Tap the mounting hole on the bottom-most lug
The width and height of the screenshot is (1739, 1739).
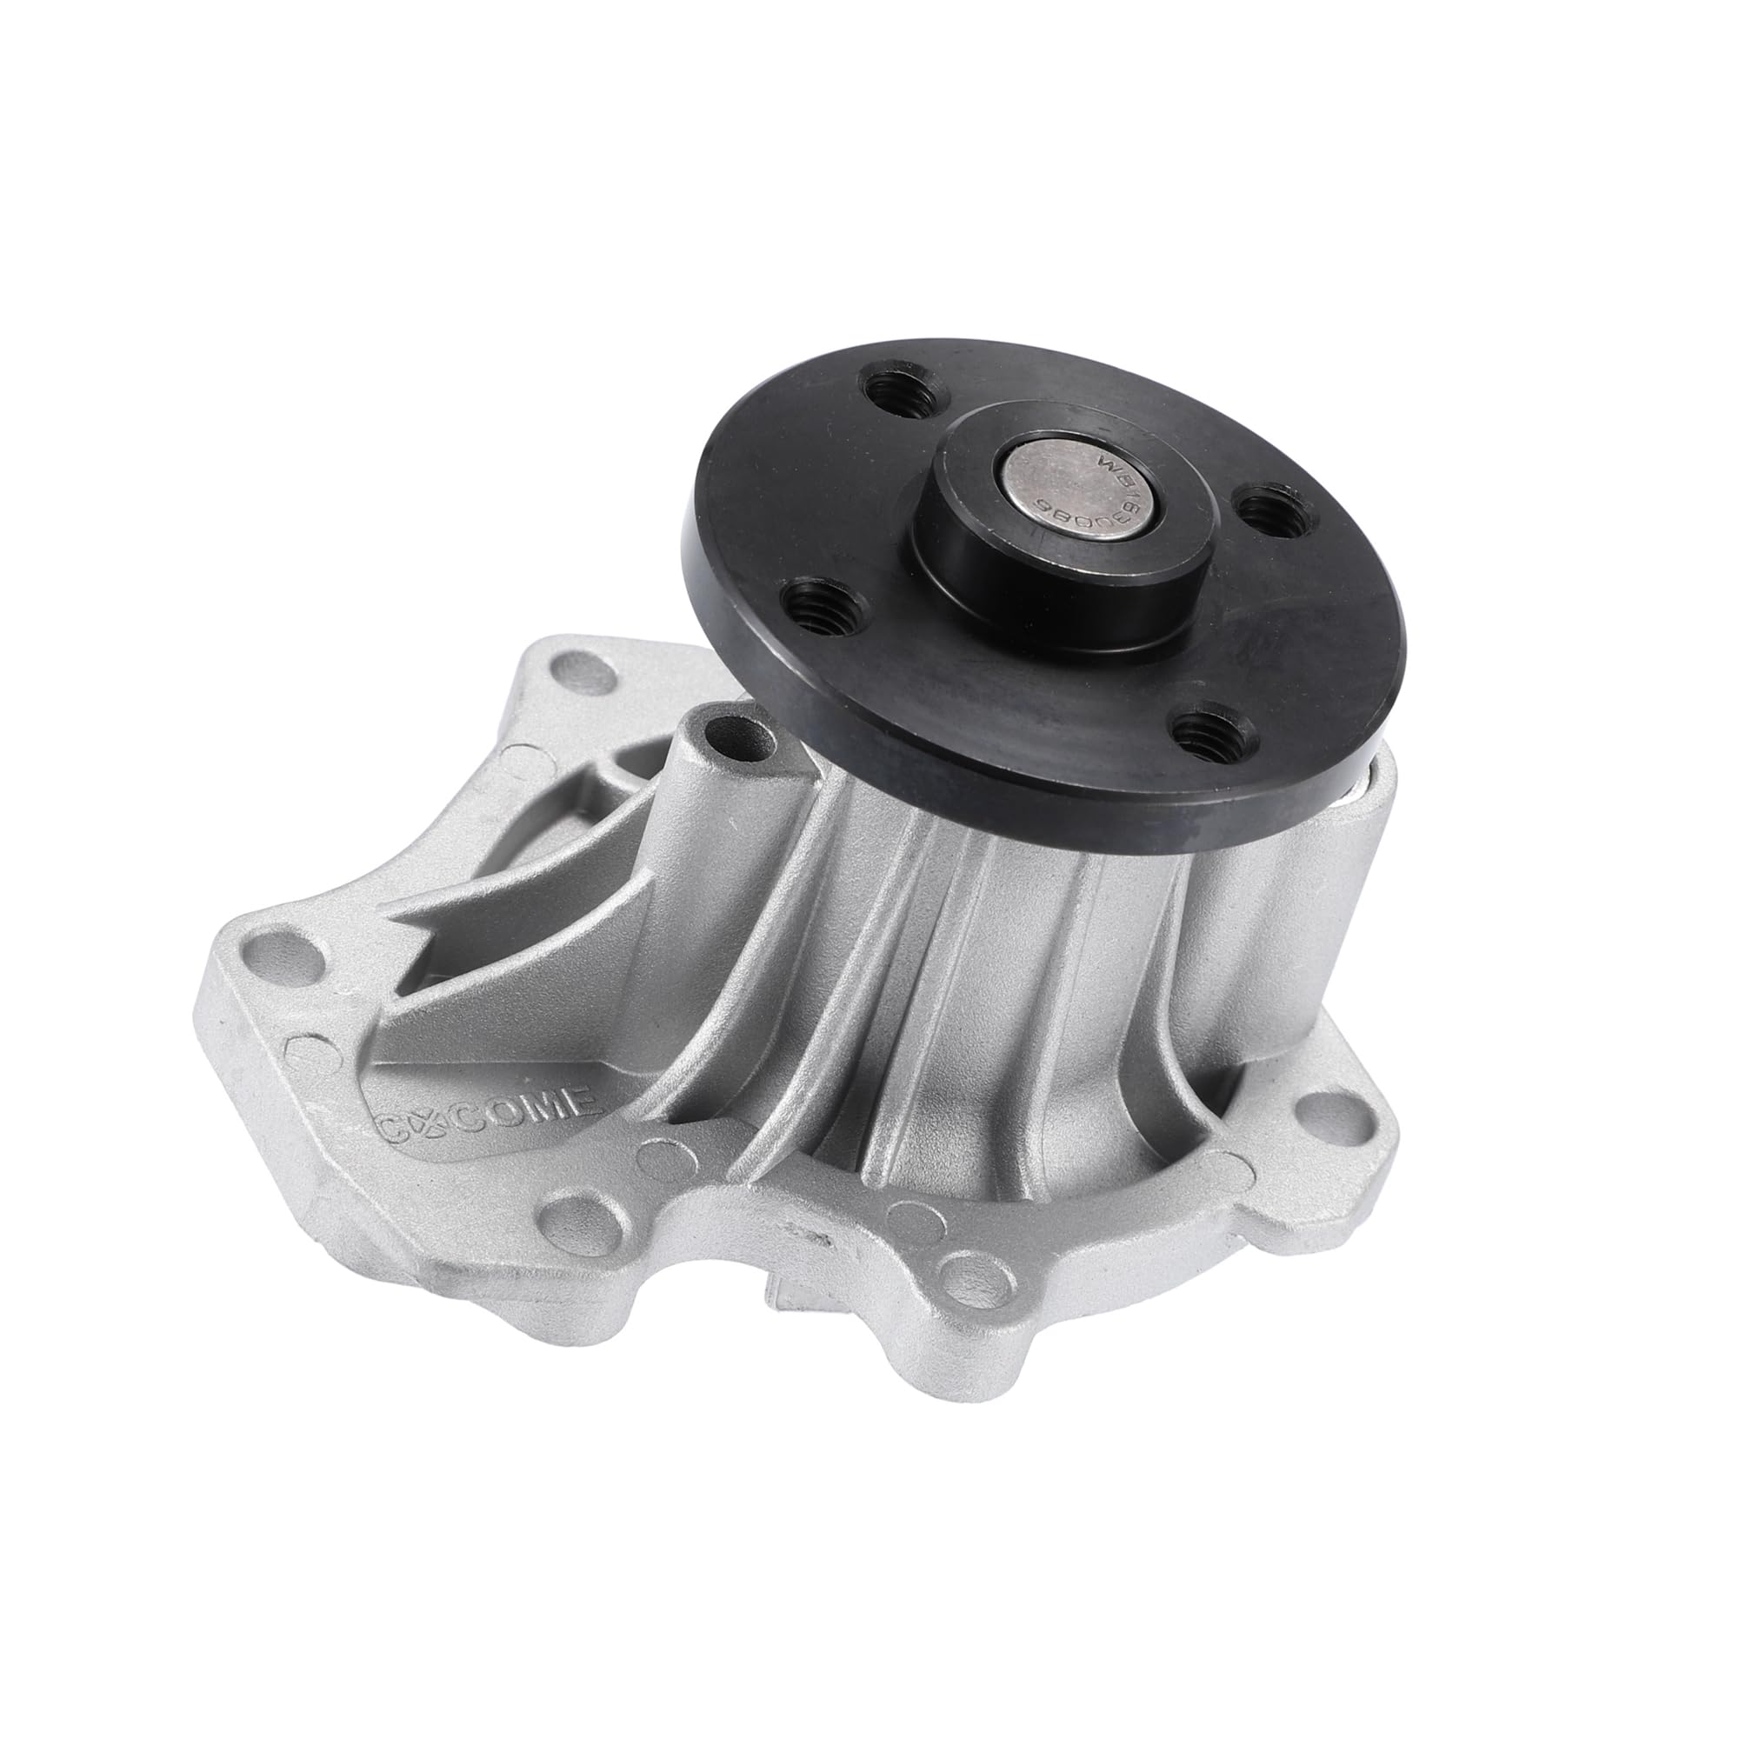976,1276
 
